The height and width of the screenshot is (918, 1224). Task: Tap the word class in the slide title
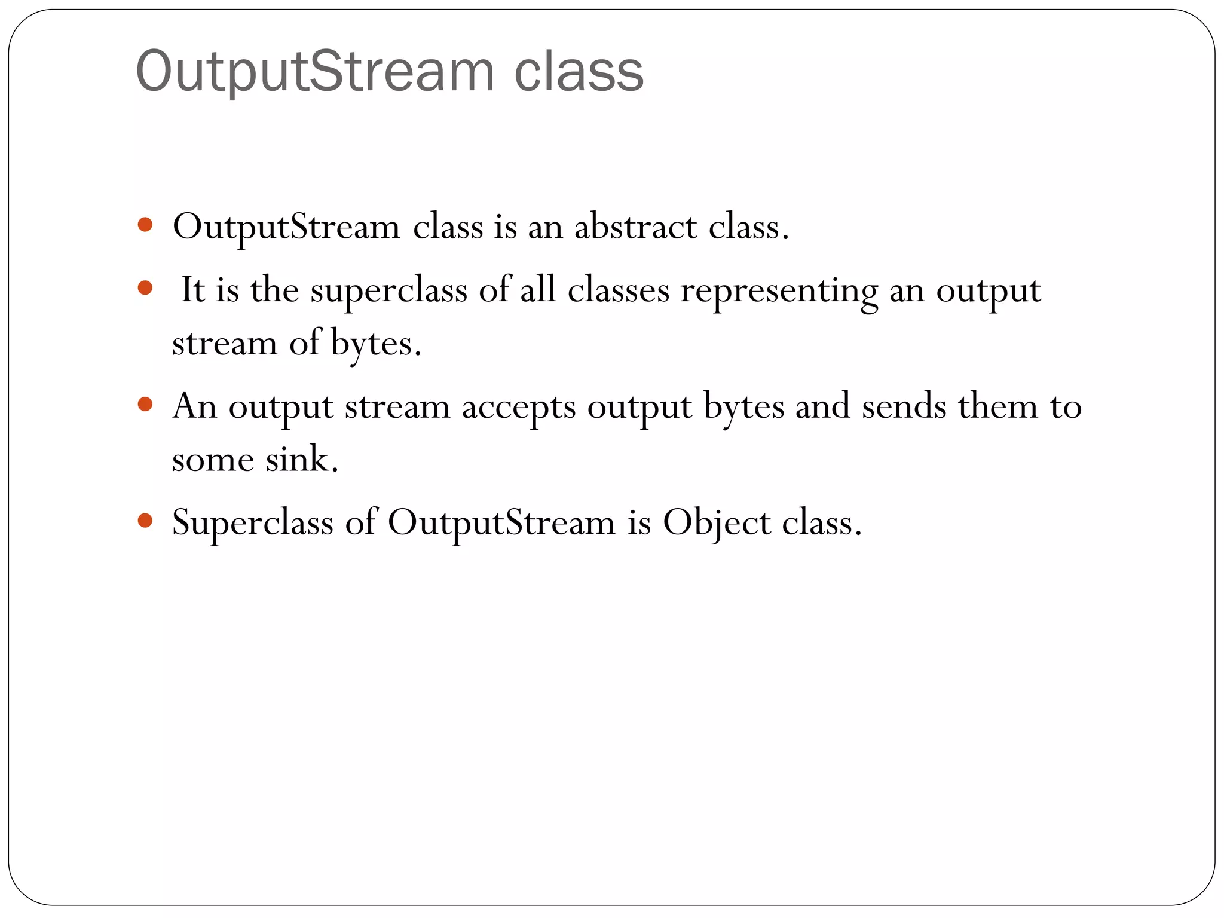pyautogui.click(x=579, y=72)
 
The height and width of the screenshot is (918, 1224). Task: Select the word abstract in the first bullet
pyautogui.click(x=635, y=228)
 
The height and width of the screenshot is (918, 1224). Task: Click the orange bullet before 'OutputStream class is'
pyautogui.click(x=145, y=225)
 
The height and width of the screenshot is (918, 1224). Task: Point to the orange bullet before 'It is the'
pyautogui.click(x=145, y=289)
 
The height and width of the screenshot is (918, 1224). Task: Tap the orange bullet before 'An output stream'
pyautogui.click(x=145, y=405)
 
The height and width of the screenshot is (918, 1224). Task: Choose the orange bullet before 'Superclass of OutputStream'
pyautogui.click(x=145, y=521)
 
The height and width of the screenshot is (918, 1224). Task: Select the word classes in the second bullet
pyautogui.click(x=618, y=290)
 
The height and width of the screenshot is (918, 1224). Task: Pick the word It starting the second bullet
pyautogui.click(x=192, y=290)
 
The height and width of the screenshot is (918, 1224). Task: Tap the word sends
pyautogui.click(x=904, y=407)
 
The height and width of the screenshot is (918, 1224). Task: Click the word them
pyautogui.click(x=998, y=407)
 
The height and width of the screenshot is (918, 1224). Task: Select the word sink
pyautogui.click(x=302, y=460)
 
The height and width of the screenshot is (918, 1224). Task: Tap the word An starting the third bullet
pyautogui.click(x=194, y=407)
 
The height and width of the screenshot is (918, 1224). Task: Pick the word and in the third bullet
pyautogui.click(x=822, y=407)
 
